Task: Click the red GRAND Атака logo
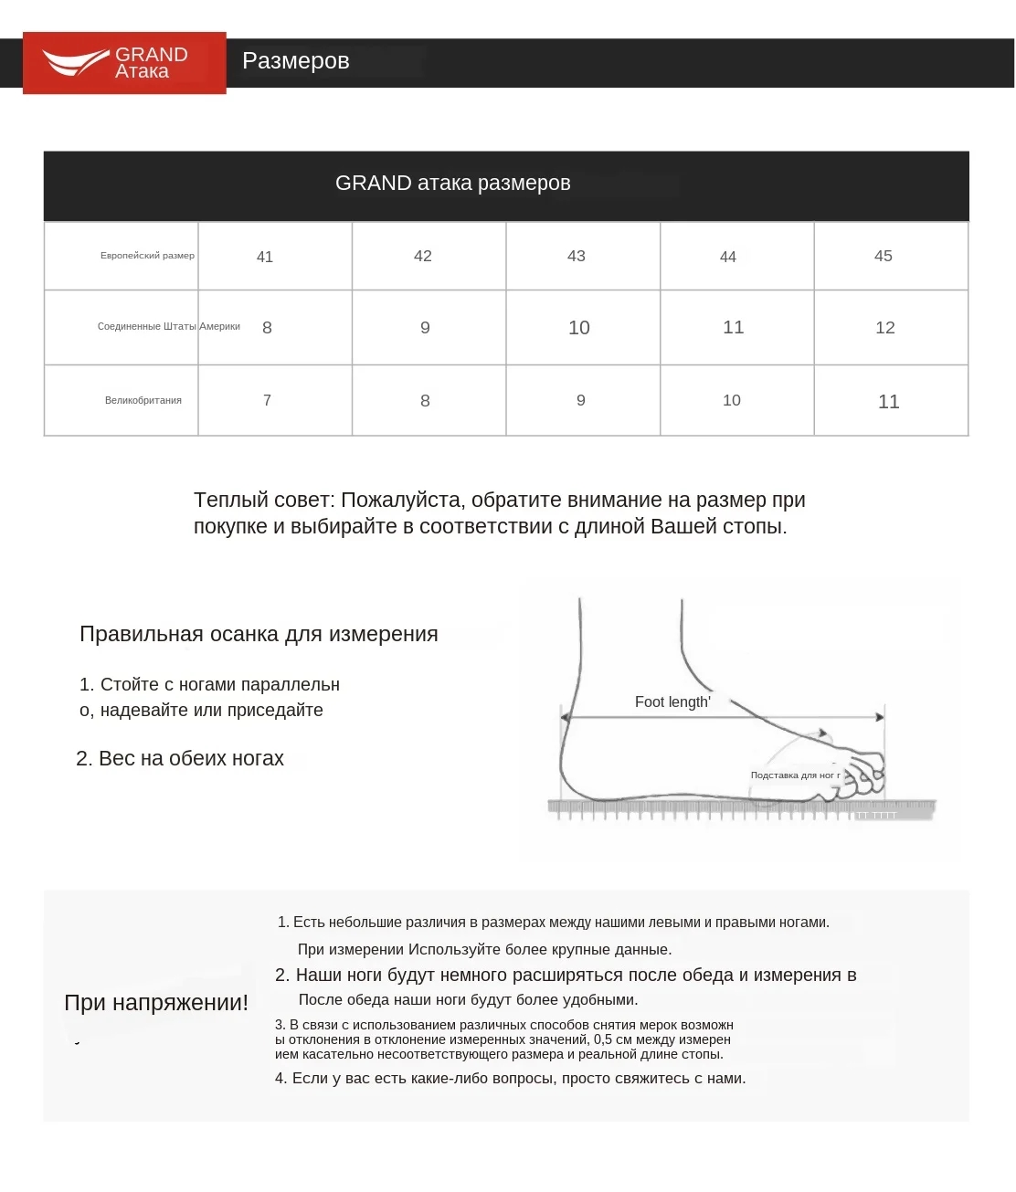click(x=124, y=63)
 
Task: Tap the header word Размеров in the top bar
click(x=295, y=61)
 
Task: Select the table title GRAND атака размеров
click(x=452, y=184)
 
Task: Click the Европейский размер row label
click(x=147, y=256)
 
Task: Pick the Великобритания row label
click(x=143, y=400)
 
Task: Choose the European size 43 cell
click(x=576, y=257)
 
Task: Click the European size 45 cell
click(x=883, y=257)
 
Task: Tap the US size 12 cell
click(x=884, y=328)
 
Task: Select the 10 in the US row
click(x=578, y=328)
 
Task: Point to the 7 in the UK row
click(x=267, y=400)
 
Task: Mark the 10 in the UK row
click(x=731, y=400)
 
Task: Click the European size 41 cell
click(x=265, y=257)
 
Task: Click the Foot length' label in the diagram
click(x=672, y=702)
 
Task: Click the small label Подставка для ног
click(x=794, y=775)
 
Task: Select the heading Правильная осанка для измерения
click(x=259, y=635)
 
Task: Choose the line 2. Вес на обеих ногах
click(x=180, y=759)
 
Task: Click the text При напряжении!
click(x=156, y=1003)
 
